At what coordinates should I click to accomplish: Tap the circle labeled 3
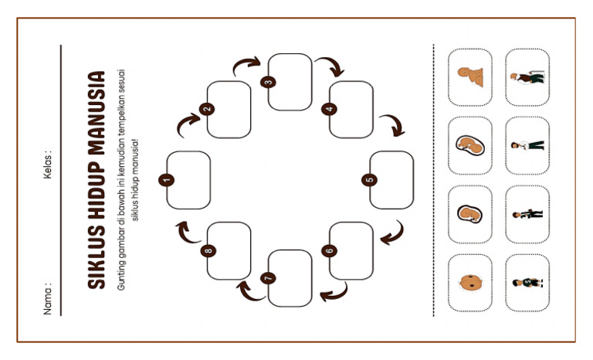click(269, 82)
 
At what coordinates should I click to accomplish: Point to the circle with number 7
click(269, 278)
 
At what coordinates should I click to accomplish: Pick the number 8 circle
click(207, 251)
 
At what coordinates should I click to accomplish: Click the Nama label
click(48, 298)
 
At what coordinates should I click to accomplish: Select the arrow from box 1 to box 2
click(187, 122)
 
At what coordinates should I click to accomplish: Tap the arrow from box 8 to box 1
click(184, 229)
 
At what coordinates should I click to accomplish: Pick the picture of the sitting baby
click(469, 76)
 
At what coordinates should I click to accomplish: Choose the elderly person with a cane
click(527, 76)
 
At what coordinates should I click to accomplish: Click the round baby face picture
click(469, 283)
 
